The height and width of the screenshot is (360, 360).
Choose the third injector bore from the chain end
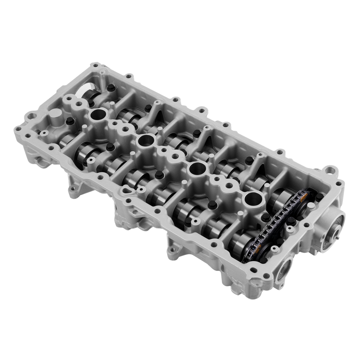[146, 141]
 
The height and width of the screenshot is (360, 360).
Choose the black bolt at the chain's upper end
[319, 197]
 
